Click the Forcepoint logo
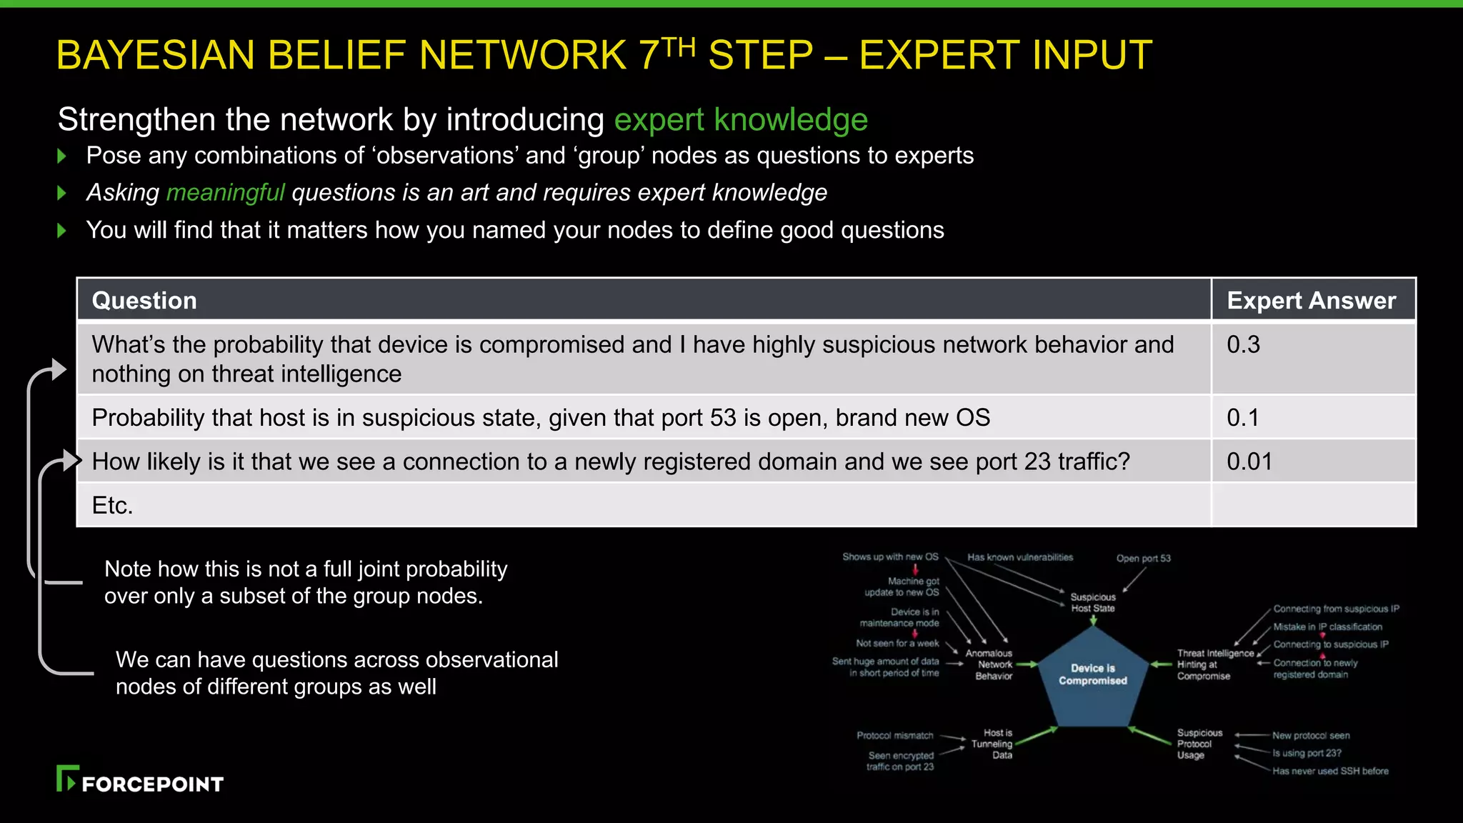tap(140, 779)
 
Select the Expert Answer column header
tap(1311, 301)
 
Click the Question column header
tap(144, 301)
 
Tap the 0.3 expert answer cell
tap(1243, 345)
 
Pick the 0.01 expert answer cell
tap(1249, 462)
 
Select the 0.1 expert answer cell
tap(1242, 418)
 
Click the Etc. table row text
tap(113, 506)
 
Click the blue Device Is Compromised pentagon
tap(1092, 675)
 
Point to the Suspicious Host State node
tap(1092, 602)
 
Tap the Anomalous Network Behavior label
tap(989, 664)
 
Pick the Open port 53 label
tap(1143, 559)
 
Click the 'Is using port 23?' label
tap(1306, 753)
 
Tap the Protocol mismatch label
tap(894, 736)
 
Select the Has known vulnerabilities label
tap(1019, 557)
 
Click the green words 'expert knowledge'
tap(740, 119)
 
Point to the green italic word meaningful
tap(225, 193)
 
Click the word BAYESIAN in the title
tap(155, 55)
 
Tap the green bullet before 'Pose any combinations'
tap(62, 156)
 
